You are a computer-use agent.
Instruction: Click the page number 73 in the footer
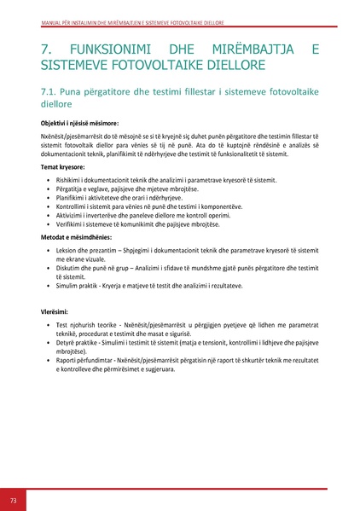(x=13, y=499)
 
